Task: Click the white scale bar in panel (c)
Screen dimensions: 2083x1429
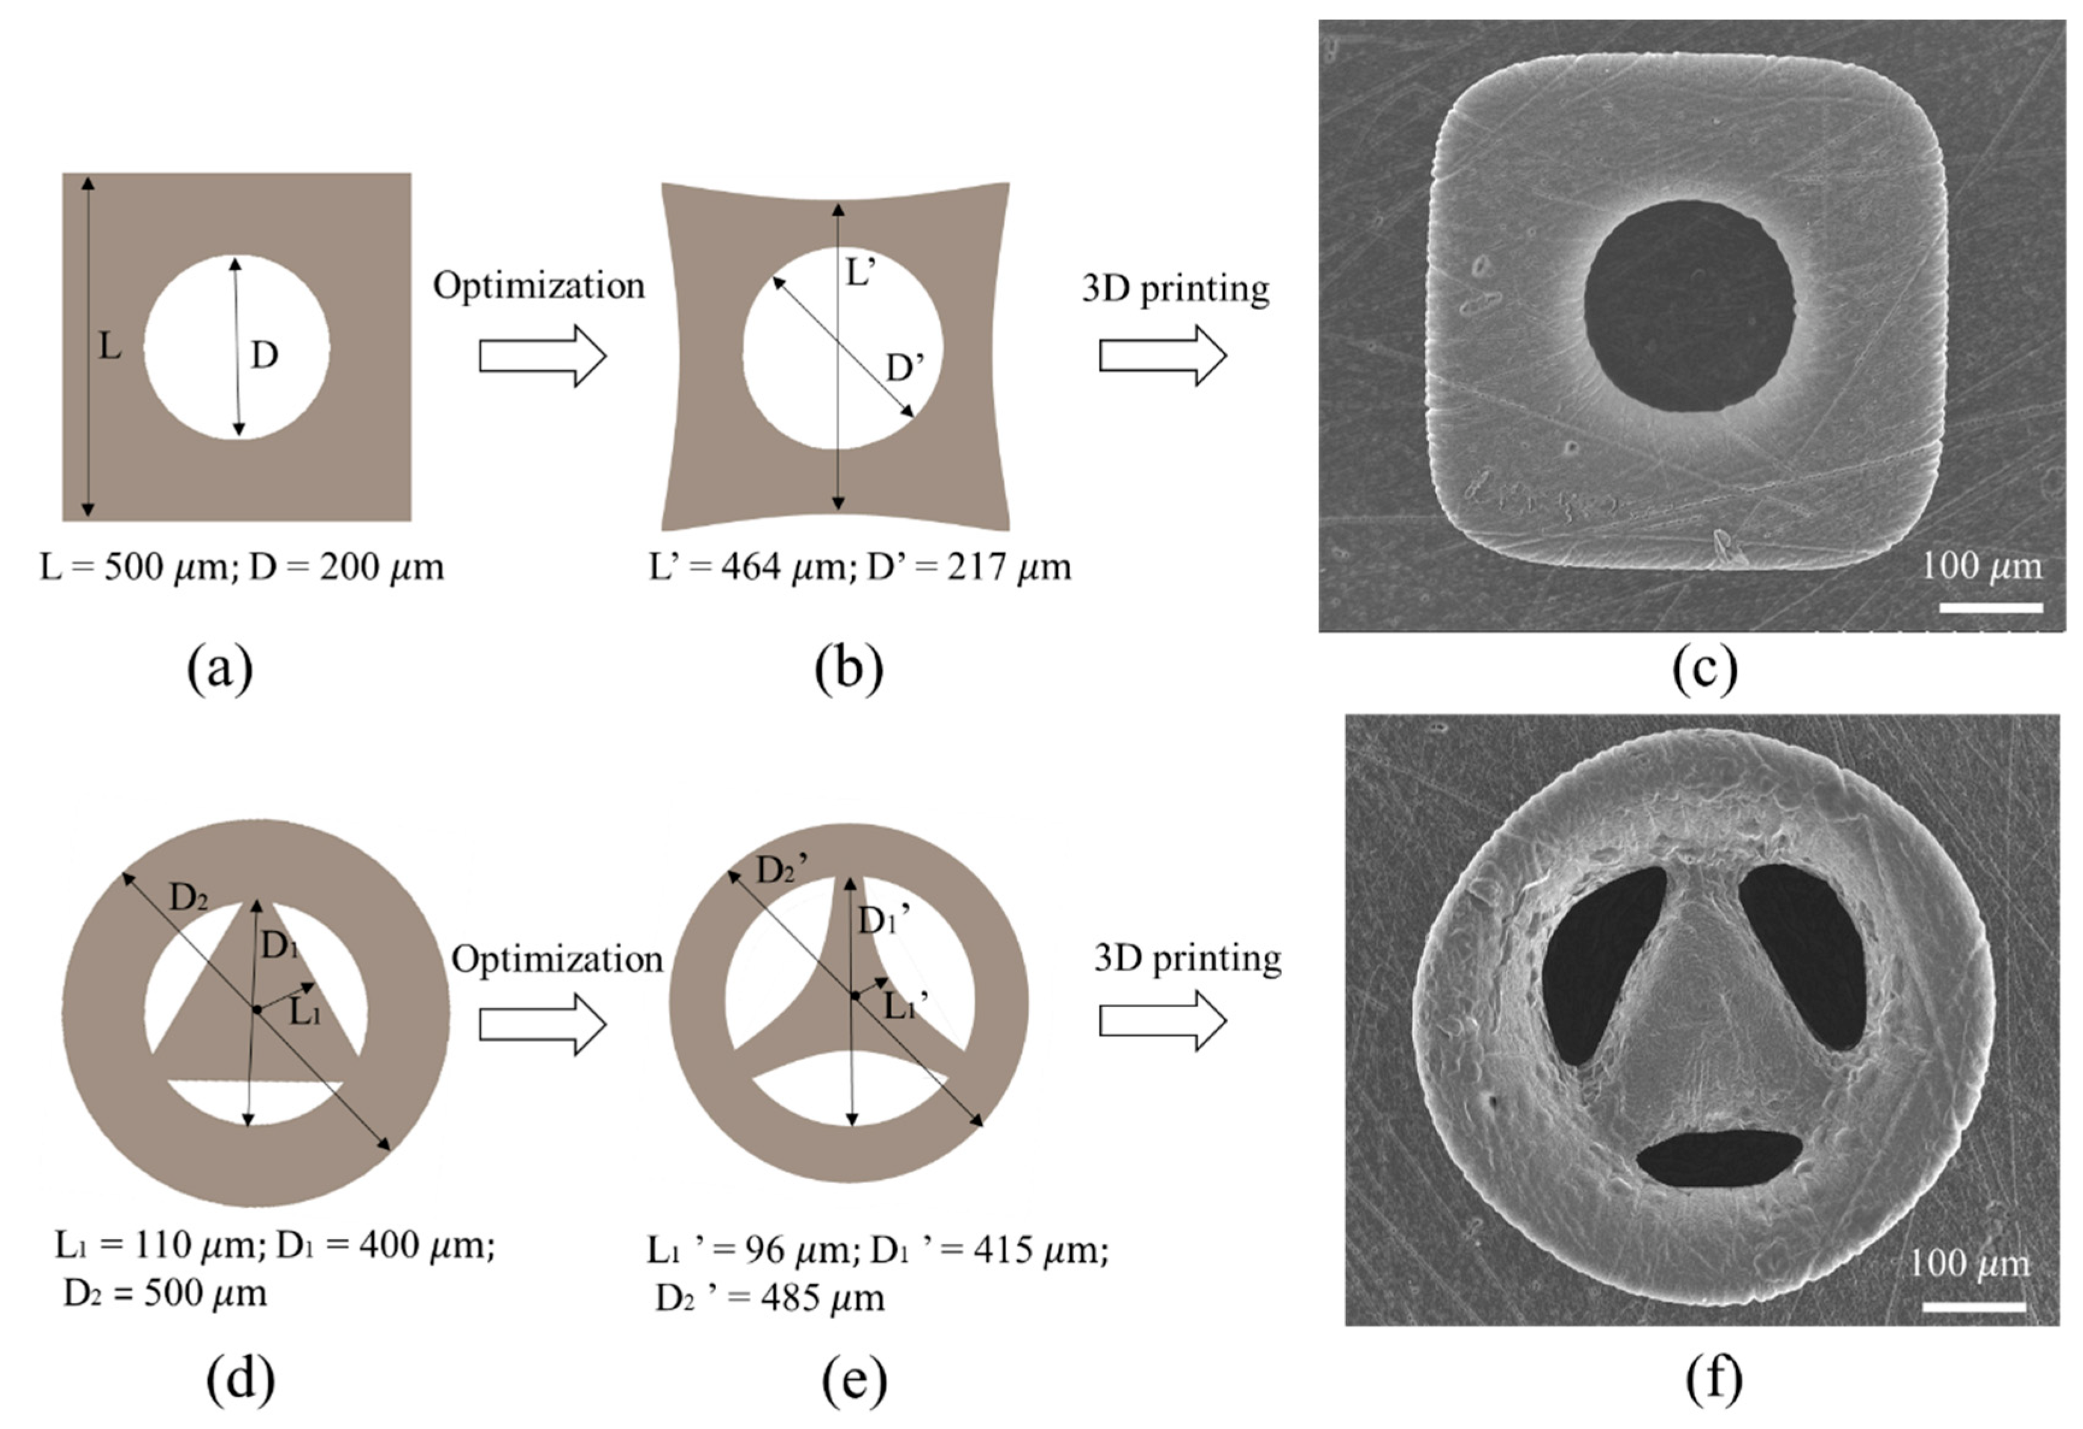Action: click(x=1991, y=608)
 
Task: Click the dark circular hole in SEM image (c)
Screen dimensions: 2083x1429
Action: click(x=1689, y=306)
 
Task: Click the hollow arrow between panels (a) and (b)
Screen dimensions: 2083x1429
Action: click(x=542, y=356)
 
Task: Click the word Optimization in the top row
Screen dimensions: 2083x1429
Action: click(x=539, y=286)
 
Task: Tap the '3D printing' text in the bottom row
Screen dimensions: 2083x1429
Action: click(x=1187, y=958)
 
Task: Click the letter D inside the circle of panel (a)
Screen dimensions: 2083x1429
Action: click(x=264, y=356)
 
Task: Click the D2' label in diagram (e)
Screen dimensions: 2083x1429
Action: click(x=782, y=870)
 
